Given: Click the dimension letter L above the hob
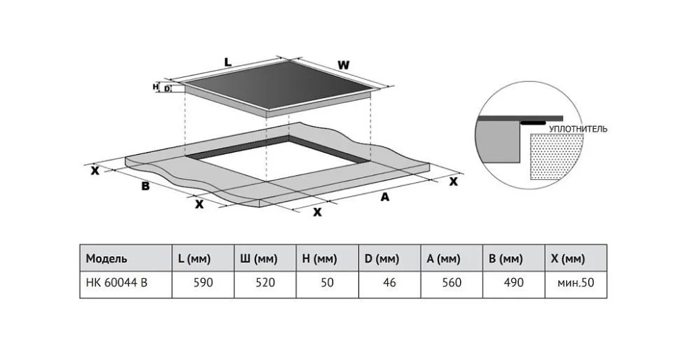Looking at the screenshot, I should pos(228,62).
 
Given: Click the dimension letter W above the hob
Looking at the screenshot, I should pos(343,64).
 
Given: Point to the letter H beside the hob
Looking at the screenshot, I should pos(155,87).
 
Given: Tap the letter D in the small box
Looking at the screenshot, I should pos(167,88).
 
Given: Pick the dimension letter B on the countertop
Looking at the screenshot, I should pos(145,186).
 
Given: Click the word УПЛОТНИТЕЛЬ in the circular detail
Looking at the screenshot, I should pos(578,129).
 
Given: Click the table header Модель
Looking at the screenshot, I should pos(106,258).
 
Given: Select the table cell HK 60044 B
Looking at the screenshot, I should pos(117,284).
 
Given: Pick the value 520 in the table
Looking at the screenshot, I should pos(264,284).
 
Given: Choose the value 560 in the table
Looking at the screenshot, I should pos(452,284).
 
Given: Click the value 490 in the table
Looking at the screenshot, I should pos(514,284).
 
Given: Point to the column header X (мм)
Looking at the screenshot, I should pos(567,258).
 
